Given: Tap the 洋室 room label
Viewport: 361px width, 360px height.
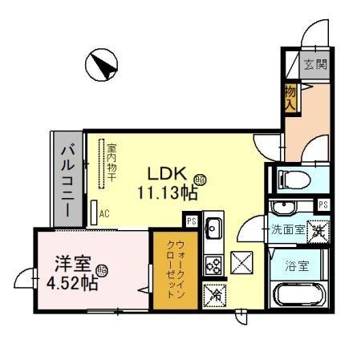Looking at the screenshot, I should pos(70,263).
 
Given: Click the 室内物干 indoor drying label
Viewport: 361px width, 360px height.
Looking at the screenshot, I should pos(113,165).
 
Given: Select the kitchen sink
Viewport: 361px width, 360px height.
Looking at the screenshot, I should pos(214,229).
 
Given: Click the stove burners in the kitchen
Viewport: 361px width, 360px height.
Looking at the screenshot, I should pos(213,263).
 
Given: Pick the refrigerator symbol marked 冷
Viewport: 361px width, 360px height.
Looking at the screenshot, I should pos(213,294).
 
